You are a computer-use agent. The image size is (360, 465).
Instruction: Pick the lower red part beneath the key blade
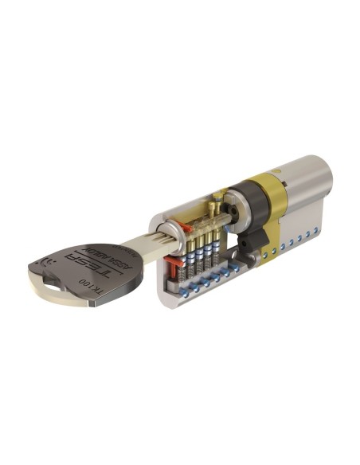(x=171, y=261)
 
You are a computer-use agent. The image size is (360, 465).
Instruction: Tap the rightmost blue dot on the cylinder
(x=319, y=227)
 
